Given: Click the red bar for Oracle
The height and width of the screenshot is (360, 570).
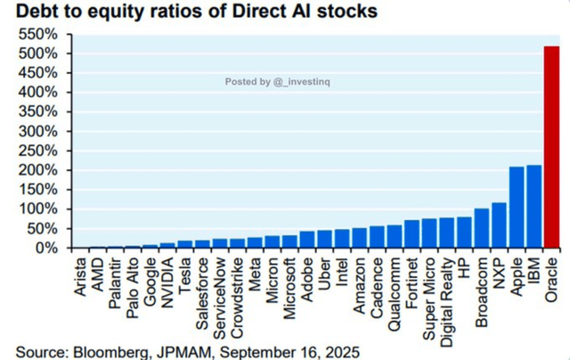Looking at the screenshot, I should point(551,147).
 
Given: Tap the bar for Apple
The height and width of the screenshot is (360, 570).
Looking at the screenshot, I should point(517,208).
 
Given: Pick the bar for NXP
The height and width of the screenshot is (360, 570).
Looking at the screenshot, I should point(499,225).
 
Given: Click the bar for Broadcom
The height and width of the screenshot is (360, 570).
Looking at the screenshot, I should point(481,229).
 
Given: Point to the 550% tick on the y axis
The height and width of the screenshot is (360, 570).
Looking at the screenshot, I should point(38,34).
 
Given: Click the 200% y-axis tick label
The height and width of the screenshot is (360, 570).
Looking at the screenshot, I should point(38,169).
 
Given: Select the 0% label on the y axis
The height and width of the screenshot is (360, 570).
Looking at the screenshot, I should point(46,248).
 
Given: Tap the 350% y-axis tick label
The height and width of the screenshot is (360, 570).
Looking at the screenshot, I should point(38,111).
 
